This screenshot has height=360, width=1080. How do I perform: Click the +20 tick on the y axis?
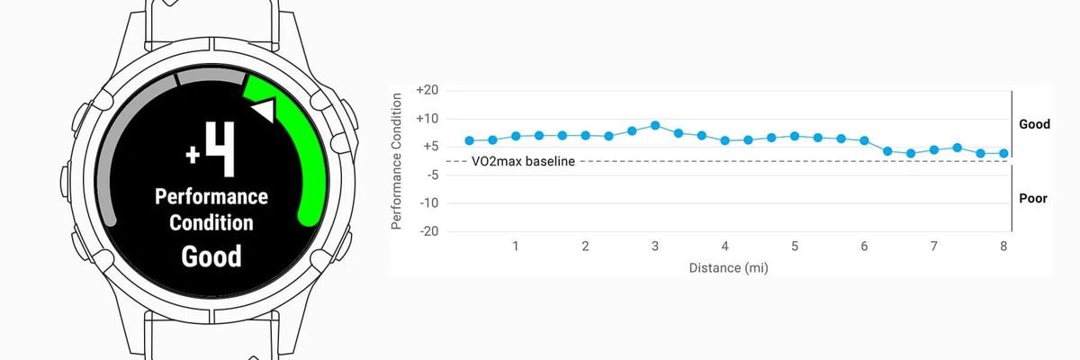[x=427, y=90]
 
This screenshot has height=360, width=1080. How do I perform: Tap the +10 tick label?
[x=427, y=118]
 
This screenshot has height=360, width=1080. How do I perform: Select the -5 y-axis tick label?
[x=429, y=175]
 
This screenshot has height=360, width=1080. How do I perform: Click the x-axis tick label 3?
[x=655, y=247]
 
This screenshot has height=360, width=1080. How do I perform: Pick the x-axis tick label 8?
[x=1003, y=247]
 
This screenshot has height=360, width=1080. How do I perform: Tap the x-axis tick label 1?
[x=516, y=247]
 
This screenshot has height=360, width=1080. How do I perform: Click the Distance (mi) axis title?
[x=729, y=267]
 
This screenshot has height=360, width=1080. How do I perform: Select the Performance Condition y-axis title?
[x=397, y=160]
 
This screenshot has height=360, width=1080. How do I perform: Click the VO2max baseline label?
[x=523, y=161]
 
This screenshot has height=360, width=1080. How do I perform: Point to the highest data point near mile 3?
[x=655, y=125]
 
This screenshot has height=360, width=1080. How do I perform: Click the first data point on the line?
[x=469, y=140]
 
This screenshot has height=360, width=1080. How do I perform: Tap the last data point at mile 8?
[x=1003, y=153]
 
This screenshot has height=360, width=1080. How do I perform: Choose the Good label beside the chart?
[x=1034, y=124]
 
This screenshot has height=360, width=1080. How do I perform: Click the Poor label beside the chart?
[x=1034, y=198]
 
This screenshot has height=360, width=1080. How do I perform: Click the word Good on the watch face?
[x=211, y=256]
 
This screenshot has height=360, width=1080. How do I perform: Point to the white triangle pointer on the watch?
[x=262, y=112]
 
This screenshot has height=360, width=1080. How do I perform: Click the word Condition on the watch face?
[x=211, y=222]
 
